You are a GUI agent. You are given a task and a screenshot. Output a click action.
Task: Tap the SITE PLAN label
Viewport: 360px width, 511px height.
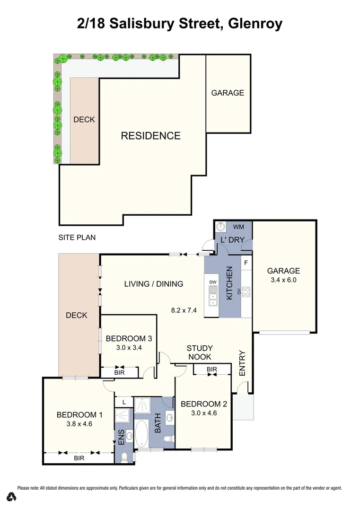[x=77, y=237]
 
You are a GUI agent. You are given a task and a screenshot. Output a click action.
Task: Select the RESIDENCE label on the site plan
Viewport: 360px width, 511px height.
[x=150, y=136]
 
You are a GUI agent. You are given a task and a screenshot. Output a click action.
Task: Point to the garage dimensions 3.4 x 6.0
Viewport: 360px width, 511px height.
[x=283, y=280]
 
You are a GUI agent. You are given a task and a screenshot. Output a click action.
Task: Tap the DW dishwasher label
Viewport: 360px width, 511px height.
[x=213, y=282]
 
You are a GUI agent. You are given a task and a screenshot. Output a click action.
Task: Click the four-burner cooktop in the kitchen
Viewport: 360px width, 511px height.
[x=246, y=291]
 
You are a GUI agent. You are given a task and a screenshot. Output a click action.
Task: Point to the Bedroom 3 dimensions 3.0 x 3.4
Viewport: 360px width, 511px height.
[x=129, y=347]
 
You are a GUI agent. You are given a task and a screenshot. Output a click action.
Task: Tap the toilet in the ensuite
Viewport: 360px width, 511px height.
[x=124, y=457]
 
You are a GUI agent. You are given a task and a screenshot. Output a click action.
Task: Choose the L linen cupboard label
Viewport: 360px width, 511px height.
[x=124, y=402]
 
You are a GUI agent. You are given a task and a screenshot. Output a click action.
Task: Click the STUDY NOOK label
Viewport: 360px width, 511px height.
[x=199, y=352]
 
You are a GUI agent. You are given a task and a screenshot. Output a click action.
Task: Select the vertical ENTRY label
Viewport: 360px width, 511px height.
[x=242, y=363]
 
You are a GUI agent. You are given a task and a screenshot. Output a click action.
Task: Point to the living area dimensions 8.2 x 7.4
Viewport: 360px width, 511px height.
[x=184, y=311]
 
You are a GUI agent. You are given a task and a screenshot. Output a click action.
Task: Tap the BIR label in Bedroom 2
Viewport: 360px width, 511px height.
[x=211, y=369]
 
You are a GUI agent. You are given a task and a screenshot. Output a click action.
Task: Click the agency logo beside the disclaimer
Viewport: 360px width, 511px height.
[x=12, y=496]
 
